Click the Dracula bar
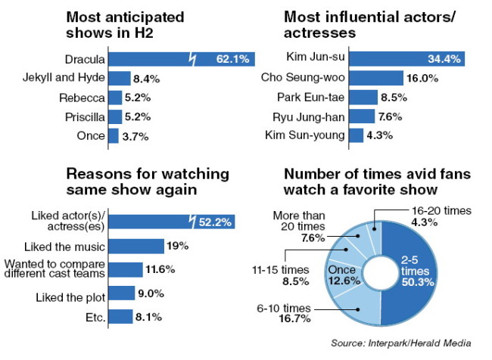182,59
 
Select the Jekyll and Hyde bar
120,78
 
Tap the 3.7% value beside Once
135,137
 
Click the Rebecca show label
82,98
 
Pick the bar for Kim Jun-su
407,59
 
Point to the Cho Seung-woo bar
376,78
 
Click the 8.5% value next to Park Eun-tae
394,98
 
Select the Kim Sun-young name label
305,135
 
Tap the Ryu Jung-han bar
362,116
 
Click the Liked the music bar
136,246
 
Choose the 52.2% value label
215,222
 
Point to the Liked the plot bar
122,293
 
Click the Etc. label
95,318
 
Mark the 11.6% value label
160,269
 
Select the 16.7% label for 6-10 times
294,319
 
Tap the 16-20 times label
441,211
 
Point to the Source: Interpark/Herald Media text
401,343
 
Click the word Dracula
85,59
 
